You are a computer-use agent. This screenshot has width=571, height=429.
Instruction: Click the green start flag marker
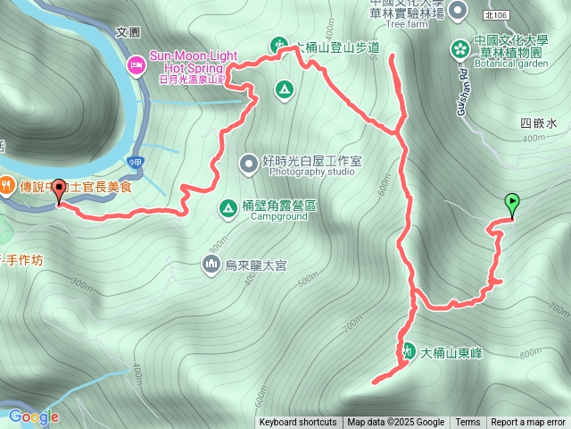(512, 203)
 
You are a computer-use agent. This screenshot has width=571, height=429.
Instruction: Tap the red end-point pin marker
(60, 189)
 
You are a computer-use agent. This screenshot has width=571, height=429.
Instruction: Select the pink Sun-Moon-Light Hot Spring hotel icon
(137, 64)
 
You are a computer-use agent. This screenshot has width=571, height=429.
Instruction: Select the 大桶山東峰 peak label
(451, 352)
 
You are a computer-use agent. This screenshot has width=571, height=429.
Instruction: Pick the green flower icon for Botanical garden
(459, 46)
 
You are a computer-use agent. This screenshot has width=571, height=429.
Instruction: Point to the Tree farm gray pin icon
(458, 11)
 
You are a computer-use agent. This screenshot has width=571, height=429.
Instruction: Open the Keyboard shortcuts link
(298, 423)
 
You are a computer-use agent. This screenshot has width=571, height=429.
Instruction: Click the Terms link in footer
(468, 423)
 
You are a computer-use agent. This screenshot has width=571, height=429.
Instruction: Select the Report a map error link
(528, 423)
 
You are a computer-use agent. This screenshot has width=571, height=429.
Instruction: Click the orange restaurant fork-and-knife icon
(7, 186)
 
